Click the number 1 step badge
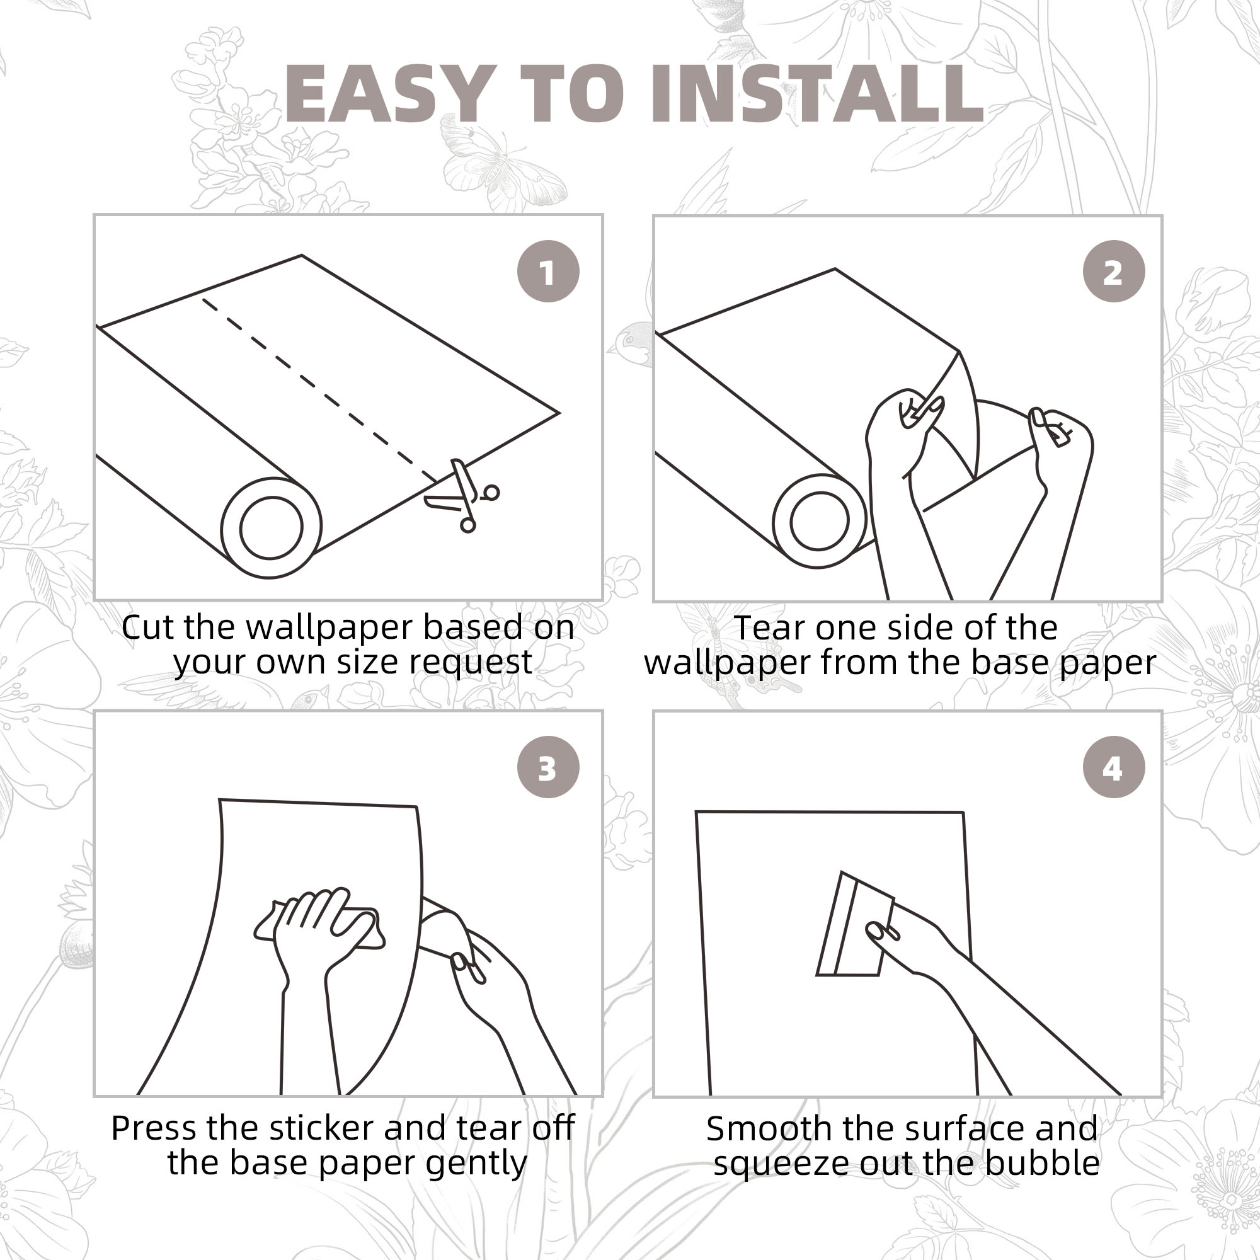click(x=548, y=272)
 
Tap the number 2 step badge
click(x=1113, y=272)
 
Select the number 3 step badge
click(x=548, y=767)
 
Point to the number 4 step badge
click(x=1113, y=767)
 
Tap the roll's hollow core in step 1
click(x=272, y=527)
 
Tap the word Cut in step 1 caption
click(x=149, y=627)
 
